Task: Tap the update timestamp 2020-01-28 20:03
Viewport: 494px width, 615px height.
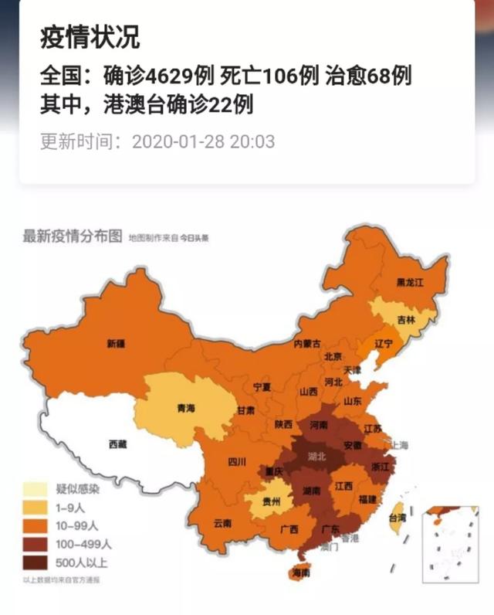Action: tap(203, 142)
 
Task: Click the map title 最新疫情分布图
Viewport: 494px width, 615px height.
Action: tap(72, 236)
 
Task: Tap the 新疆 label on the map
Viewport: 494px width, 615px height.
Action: tap(116, 343)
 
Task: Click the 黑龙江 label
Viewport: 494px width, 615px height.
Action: tap(409, 282)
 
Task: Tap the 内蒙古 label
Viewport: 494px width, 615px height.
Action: tap(307, 343)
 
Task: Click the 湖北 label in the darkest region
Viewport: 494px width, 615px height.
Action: tap(316, 456)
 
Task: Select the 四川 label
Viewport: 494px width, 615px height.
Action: tap(237, 462)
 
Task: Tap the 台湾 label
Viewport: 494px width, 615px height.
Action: tap(397, 518)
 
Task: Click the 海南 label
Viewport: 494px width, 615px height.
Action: tap(299, 573)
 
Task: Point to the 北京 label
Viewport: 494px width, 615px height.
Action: tap(333, 356)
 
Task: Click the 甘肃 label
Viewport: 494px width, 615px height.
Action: tap(246, 410)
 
